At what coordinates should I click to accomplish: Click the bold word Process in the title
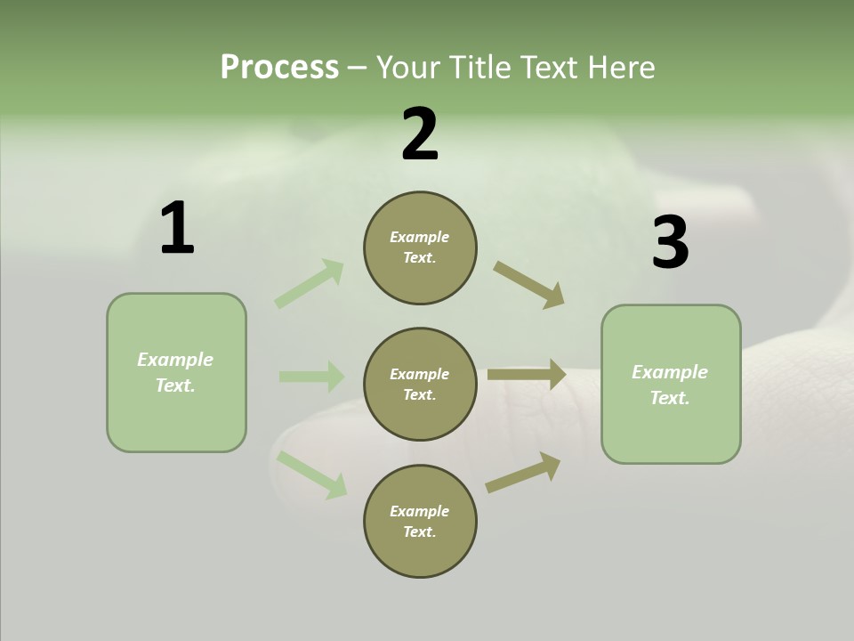point(279,68)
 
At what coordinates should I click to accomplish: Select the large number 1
point(177,229)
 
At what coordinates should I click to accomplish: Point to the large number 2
point(420,134)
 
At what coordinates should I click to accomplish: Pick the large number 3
point(670,242)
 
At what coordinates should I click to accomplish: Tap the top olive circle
point(420,247)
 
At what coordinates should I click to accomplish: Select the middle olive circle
point(420,384)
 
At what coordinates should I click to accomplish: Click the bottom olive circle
point(420,521)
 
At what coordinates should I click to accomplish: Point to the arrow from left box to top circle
point(310,283)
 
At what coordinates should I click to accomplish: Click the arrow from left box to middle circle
point(311,377)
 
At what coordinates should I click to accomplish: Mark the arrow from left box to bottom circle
point(311,475)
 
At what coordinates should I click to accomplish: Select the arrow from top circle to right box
point(529,285)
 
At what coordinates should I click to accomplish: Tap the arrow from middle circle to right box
point(527,375)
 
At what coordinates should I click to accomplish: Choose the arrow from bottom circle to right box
point(523,472)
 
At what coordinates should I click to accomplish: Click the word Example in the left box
point(175,360)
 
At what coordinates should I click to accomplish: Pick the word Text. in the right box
point(670,398)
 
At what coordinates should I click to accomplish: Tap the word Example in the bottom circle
point(419,511)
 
